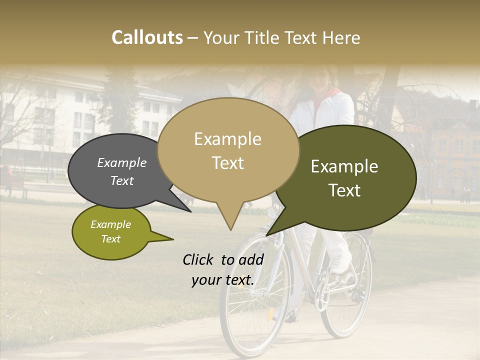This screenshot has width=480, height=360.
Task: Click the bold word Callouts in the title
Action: click(x=147, y=37)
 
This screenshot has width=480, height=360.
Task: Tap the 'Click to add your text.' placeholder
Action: click(x=223, y=270)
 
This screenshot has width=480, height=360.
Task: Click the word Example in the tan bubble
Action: click(x=227, y=139)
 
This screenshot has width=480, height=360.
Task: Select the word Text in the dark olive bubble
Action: click(x=345, y=190)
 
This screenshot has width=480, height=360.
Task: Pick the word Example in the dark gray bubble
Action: click(x=122, y=162)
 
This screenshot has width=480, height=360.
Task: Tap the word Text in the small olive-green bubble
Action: click(x=111, y=239)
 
